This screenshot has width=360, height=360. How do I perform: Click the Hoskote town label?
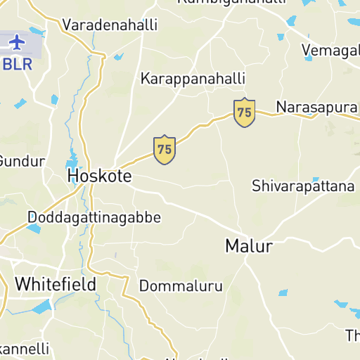(x=99, y=176)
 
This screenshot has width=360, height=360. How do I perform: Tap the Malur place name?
(x=248, y=246)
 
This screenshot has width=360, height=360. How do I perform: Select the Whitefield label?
(x=56, y=284)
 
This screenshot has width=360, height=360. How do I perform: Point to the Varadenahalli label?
(x=110, y=25)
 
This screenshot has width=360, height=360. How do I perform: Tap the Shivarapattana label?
(x=303, y=186)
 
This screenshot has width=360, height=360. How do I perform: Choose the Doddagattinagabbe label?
(x=94, y=217)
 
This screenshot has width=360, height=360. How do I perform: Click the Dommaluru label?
(x=181, y=286)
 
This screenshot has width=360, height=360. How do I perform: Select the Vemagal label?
(x=330, y=50)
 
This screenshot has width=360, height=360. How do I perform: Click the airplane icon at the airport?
(x=16, y=42)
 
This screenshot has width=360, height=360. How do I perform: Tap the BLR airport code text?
(x=18, y=64)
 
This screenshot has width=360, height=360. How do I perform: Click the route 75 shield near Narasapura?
(x=244, y=112)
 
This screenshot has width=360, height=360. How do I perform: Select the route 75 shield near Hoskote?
(x=165, y=150)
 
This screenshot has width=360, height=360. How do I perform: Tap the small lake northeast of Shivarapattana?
(x=316, y=179)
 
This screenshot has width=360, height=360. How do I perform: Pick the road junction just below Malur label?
(x=246, y=262)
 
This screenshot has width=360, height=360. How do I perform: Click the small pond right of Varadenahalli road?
(x=119, y=56)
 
